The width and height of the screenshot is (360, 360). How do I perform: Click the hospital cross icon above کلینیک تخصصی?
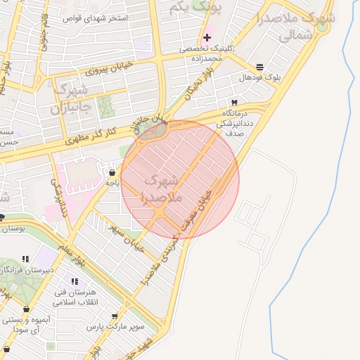pyautogui.click(x=207, y=37)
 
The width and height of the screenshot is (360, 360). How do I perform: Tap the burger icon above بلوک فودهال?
pyautogui.click(x=260, y=67)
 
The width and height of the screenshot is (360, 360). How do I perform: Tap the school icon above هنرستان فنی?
pyautogui.click(x=75, y=281)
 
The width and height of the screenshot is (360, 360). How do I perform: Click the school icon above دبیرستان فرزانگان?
pyautogui.click(x=26, y=259)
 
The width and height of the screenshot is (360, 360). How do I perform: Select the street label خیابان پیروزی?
pyautogui.click(x=109, y=67)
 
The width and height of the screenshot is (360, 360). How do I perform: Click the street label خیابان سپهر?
pyautogui.click(x=127, y=238)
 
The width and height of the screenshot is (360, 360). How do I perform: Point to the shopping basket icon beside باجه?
pyautogui.click(x=112, y=172)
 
